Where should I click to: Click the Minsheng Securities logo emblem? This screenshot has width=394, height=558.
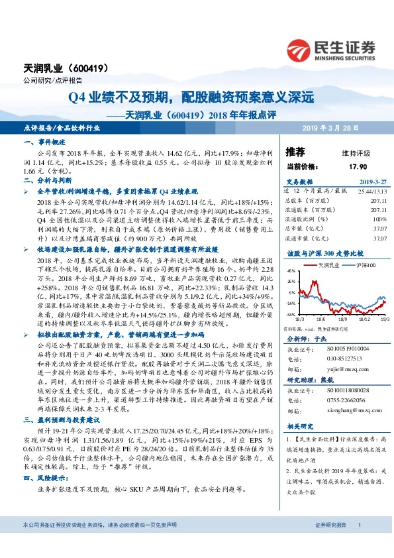301,49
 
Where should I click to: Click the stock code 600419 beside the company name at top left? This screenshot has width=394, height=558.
85,68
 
